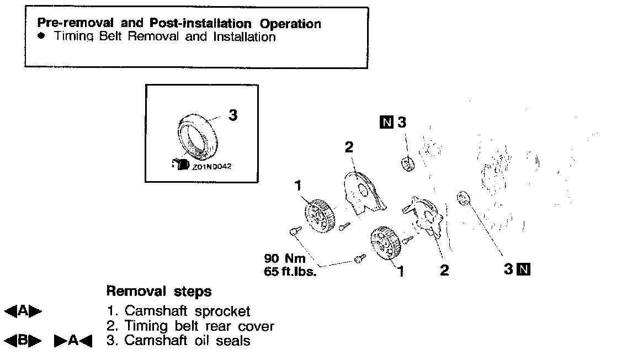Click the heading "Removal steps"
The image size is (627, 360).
pos(158,290)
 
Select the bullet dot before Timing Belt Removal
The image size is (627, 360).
pos(41,37)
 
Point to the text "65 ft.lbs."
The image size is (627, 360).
pos(290,271)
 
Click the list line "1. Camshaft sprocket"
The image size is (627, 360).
pos(178,311)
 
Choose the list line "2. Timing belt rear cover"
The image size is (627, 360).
pos(190,326)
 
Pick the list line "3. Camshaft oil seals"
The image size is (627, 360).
pos(178,340)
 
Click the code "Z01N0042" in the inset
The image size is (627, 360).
pos(212,165)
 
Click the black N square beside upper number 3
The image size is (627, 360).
pos(386,123)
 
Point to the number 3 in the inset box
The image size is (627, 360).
pos(233,115)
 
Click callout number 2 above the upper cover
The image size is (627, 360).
pos(349,147)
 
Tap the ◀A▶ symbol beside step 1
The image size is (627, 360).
pos(23,311)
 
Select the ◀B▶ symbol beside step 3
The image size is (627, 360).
pos(23,341)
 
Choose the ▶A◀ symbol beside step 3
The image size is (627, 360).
pos(73,341)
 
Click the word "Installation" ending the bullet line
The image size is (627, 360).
pos(245,37)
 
